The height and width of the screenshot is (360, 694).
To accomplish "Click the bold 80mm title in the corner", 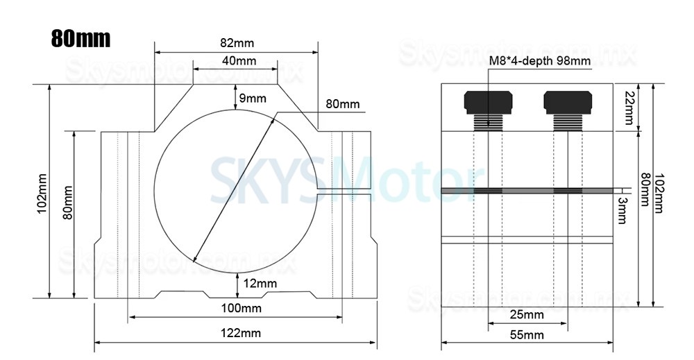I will (x=81, y=38).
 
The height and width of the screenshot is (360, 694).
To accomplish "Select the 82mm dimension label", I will (x=236, y=43).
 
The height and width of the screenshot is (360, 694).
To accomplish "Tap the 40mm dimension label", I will (x=235, y=61).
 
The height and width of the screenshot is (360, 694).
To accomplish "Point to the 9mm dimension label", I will (x=253, y=98).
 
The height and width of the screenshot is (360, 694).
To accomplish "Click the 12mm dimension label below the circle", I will (x=261, y=283).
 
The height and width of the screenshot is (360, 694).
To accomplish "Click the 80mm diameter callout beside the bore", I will (x=343, y=104).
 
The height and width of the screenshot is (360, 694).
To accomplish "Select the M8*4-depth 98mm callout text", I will (x=541, y=61).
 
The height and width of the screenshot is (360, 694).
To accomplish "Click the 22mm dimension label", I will (x=629, y=108).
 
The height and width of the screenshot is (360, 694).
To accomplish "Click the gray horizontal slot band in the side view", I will (x=527, y=190).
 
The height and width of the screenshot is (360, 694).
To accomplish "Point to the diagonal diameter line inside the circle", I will (x=233, y=187).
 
